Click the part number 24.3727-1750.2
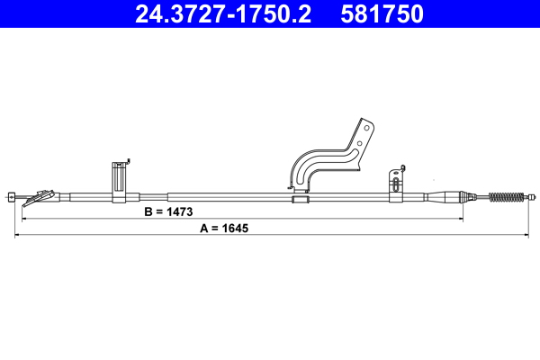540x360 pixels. click(222, 14)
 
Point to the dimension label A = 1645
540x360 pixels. click(222, 229)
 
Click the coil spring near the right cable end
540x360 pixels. click(506, 196)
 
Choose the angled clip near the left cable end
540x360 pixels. click(40, 195)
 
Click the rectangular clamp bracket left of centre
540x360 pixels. click(119, 180)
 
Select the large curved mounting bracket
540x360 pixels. click(328, 157)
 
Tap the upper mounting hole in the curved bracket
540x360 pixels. click(365, 129)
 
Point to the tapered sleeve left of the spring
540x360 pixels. click(447, 196)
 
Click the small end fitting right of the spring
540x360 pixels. click(532, 196)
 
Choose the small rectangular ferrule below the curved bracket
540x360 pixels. click(300, 198)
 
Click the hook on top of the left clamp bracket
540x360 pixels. click(128, 162)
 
